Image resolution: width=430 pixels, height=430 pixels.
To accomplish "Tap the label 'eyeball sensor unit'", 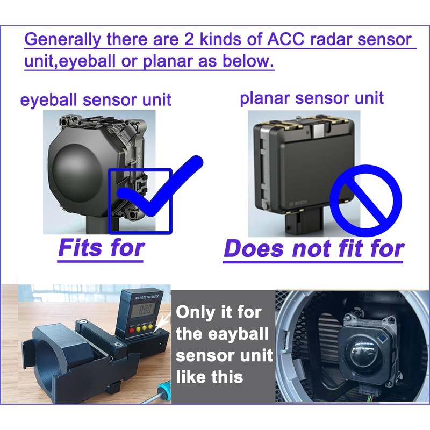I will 96,99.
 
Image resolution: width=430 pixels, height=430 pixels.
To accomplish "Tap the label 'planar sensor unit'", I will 312,98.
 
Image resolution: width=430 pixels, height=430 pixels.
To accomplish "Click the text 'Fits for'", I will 101,248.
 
